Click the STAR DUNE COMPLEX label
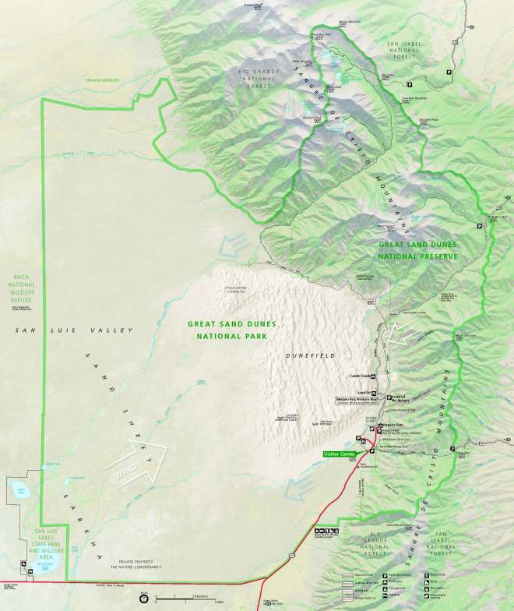[234, 290]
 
